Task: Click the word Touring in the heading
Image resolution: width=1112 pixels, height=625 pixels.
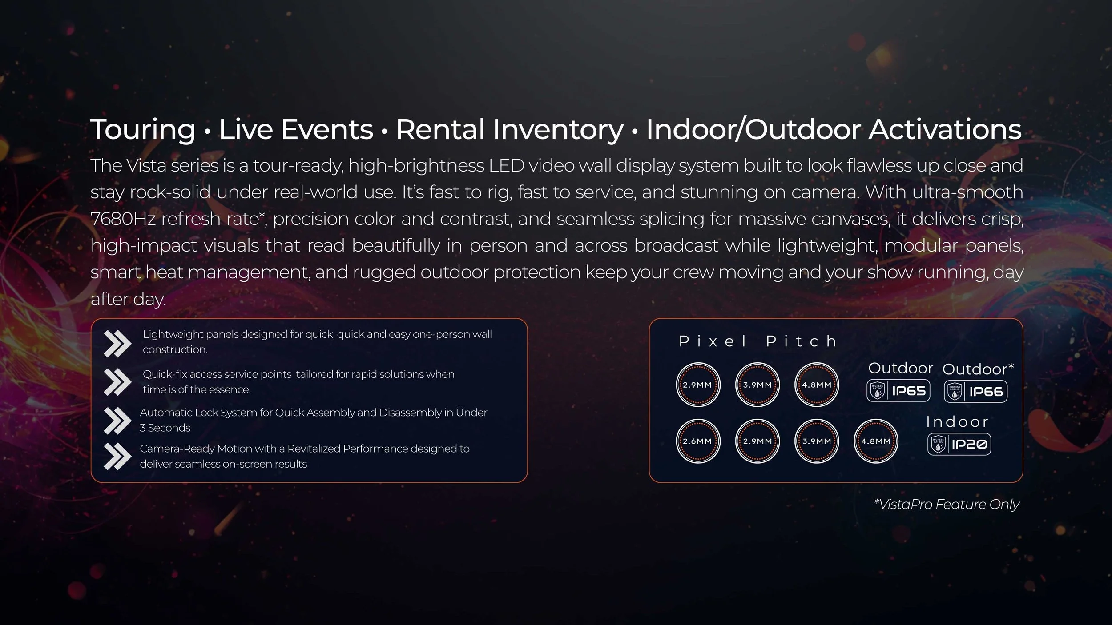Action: click(x=143, y=130)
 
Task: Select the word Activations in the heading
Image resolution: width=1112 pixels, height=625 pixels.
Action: click(x=945, y=130)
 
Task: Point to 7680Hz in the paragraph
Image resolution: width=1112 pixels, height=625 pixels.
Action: click(x=123, y=219)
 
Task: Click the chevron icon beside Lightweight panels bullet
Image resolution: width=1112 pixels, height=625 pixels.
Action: click(x=117, y=343)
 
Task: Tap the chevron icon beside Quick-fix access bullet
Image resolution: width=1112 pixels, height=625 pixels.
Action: click(x=117, y=382)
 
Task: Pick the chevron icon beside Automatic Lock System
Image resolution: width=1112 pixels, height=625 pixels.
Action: click(x=117, y=420)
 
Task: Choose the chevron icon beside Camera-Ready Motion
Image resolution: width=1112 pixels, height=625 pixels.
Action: click(x=117, y=456)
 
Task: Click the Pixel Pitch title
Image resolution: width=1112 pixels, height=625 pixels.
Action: click(x=757, y=341)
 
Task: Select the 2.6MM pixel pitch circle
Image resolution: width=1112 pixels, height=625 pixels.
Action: click(x=698, y=441)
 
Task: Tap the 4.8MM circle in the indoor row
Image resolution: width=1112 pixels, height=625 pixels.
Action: click(x=876, y=441)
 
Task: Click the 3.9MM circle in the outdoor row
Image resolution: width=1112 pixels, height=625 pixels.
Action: click(x=757, y=385)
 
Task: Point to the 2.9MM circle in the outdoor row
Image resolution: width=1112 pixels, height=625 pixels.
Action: click(x=698, y=385)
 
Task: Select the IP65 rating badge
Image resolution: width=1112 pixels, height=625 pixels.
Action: click(x=898, y=391)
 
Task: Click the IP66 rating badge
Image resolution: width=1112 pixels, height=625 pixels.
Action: click(x=975, y=391)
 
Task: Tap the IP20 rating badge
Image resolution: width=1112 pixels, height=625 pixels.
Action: click(x=959, y=444)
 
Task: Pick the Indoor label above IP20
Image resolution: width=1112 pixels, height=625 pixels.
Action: click(x=957, y=422)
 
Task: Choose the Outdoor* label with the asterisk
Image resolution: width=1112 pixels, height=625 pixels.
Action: click(x=978, y=369)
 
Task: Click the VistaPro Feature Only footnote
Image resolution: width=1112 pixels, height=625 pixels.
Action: click(x=947, y=505)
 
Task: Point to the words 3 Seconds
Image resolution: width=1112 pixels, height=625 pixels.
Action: click(x=165, y=428)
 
